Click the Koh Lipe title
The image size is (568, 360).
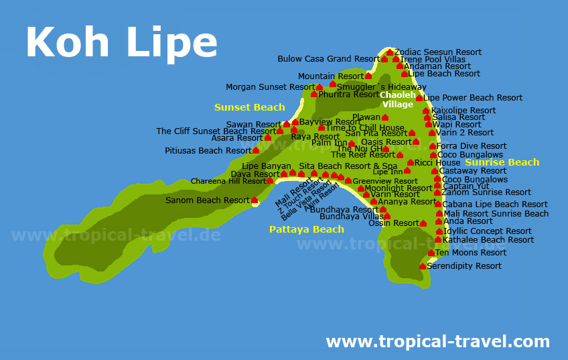(x=121, y=42)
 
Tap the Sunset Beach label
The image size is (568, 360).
(x=249, y=107)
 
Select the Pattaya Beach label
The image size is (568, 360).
(x=306, y=229)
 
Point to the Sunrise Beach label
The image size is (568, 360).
(x=502, y=162)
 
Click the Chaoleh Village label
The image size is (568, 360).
(x=398, y=99)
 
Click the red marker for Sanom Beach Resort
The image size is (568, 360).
(x=255, y=200)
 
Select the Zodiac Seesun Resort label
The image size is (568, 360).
(x=438, y=52)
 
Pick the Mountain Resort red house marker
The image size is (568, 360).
(x=368, y=76)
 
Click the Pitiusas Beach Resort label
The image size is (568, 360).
(x=208, y=151)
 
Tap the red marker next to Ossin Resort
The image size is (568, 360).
(x=423, y=223)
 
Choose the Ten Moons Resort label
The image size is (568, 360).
(x=470, y=253)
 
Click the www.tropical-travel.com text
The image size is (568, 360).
(x=437, y=342)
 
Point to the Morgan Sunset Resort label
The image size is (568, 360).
(x=270, y=87)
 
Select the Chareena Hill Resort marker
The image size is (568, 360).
(x=270, y=181)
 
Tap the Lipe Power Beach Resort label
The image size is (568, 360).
(x=473, y=98)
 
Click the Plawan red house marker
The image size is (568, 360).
(x=385, y=118)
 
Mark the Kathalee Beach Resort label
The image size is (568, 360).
(x=488, y=239)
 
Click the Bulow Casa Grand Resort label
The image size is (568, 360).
(x=328, y=59)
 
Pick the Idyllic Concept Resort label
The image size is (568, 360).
(x=488, y=231)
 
